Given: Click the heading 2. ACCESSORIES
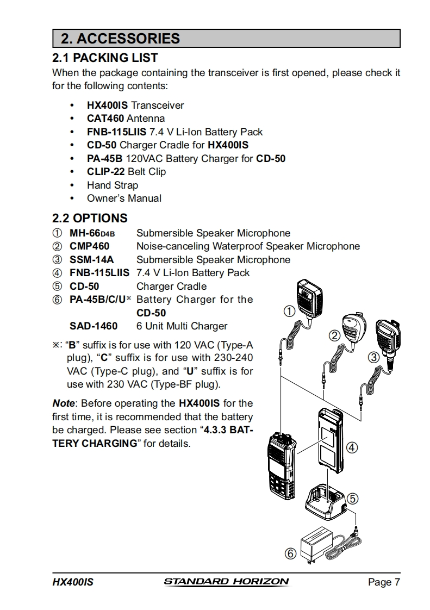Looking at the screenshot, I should pyautogui.click(x=120, y=39).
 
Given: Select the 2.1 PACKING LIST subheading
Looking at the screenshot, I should pyautogui.click(x=105, y=58).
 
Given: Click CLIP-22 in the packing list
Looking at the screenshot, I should pyautogui.click(x=106, y=172).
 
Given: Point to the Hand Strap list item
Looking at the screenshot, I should pyautogui.click(x=113, y=185).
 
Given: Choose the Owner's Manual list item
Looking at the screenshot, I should pyautogui.click(x=124, y=198).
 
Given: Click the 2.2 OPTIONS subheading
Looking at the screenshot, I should pyautogui.click(x=90, y=218).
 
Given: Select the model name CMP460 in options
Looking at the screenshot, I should pyautogui.click(x=89, y=246).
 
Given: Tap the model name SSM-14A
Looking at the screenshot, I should pyautogui.click(x=91, y=260).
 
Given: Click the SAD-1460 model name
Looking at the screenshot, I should pyautogui.click(x=94, y=326).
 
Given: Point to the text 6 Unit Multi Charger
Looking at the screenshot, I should pyautogui.click(x=182, y=326).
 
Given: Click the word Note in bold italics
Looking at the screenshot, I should pyautogui.click(x=64, y=403).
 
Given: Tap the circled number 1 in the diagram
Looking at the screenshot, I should pyautogui.click(x=290, y=312).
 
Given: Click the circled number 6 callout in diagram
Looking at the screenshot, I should pyautogui.click(x=290, y=553).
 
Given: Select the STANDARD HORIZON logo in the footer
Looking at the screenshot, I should pyautogui.click(x=226, y=582).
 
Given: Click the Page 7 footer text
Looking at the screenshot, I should pyautogui.click(x=384, y=582).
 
